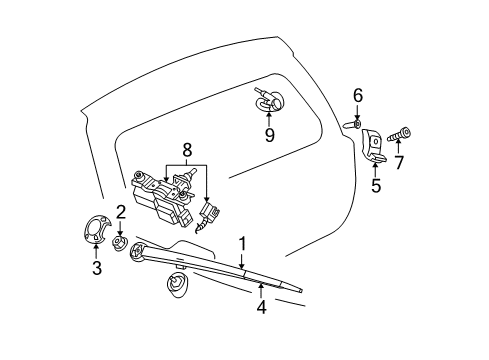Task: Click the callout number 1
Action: [241, 242]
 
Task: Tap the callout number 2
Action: [120, 211]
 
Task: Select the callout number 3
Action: [96, 268]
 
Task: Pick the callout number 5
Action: [377, 185]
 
